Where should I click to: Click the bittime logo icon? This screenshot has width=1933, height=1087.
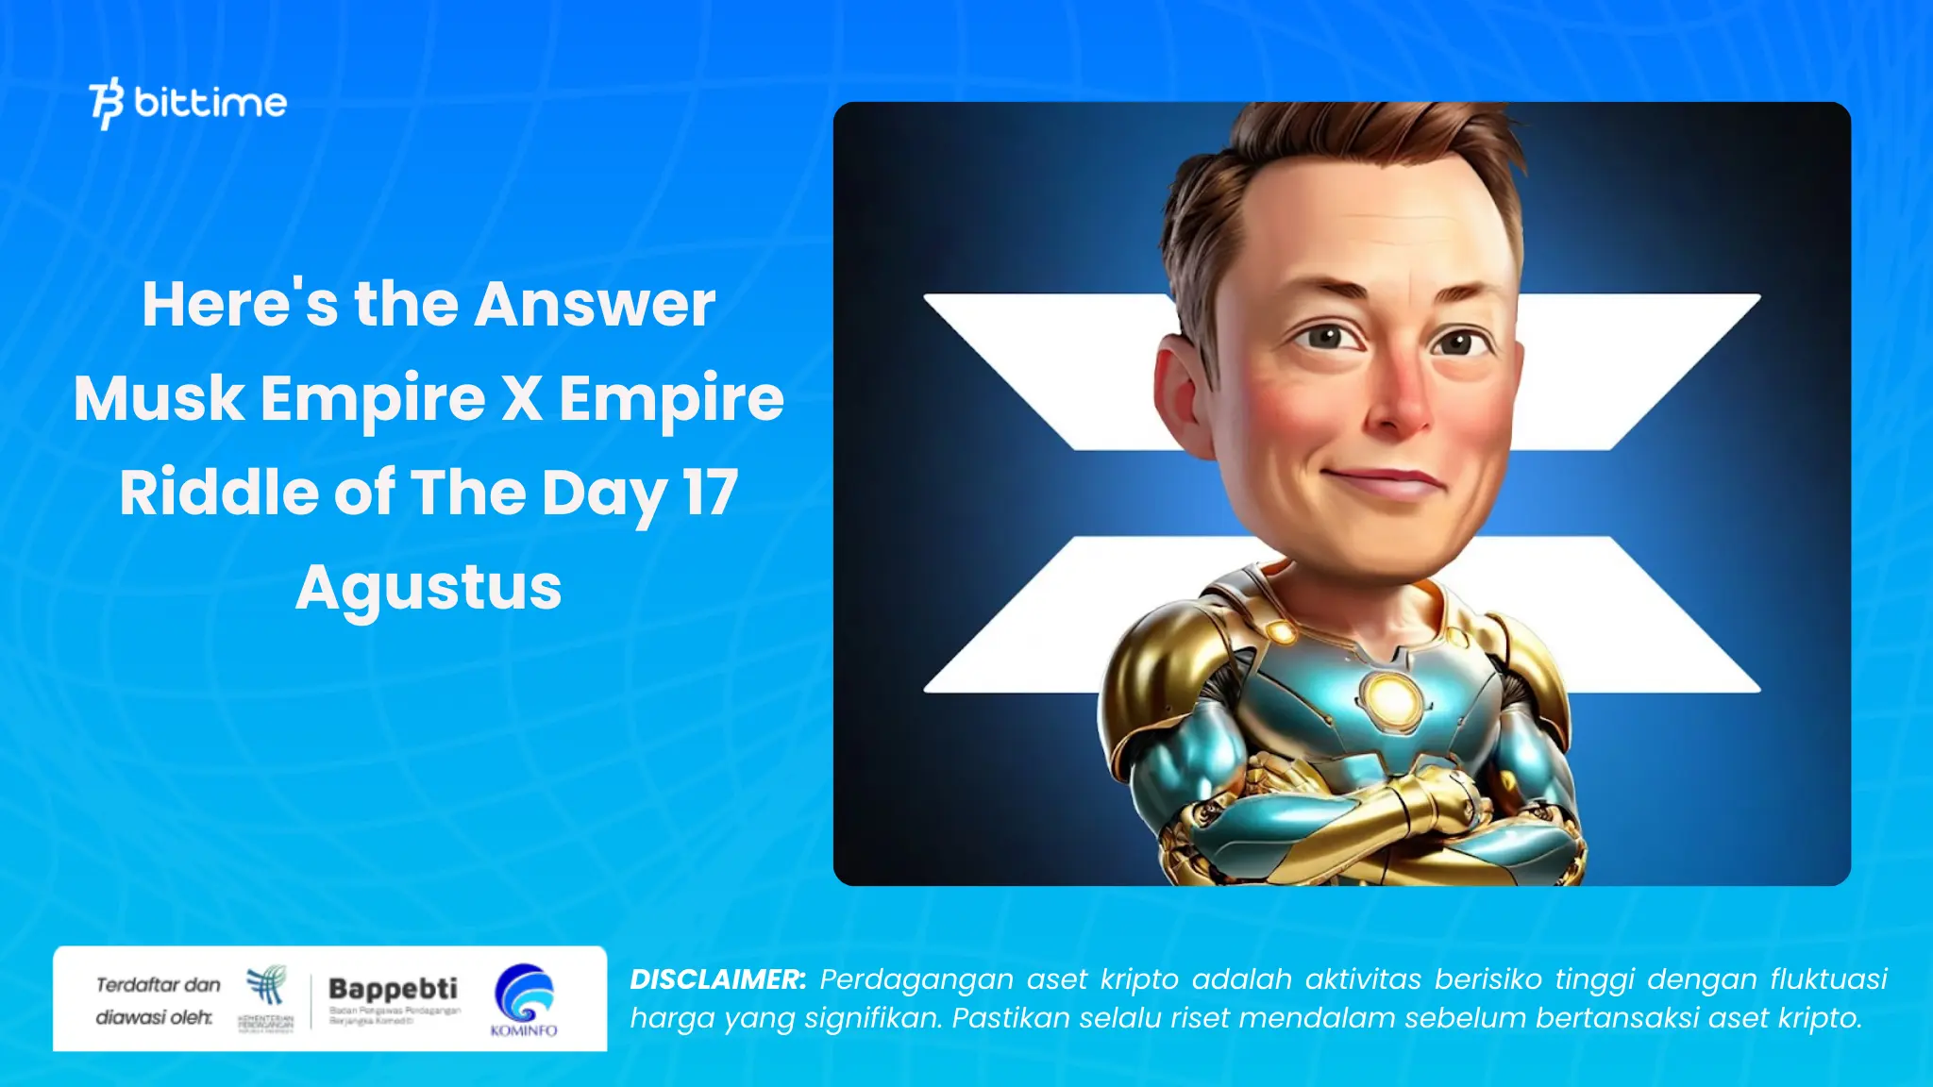pos(107,103)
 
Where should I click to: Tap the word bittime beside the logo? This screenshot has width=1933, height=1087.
pos(210,102)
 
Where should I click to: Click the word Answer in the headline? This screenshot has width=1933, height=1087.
pos(595,305)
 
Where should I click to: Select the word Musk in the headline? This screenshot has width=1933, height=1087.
pos(159,398)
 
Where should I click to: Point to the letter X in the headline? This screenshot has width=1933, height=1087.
pos(522,398)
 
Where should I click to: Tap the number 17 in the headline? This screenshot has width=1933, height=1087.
pos(710,493)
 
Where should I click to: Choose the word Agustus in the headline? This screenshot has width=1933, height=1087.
pos(429,588)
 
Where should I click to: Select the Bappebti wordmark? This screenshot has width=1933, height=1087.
pos(393,989)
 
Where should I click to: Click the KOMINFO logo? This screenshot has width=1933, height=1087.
pos(524,999)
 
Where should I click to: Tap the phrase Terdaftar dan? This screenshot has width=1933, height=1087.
pos(158,985)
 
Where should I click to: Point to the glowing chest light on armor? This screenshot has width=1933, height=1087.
pos(1389,699)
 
